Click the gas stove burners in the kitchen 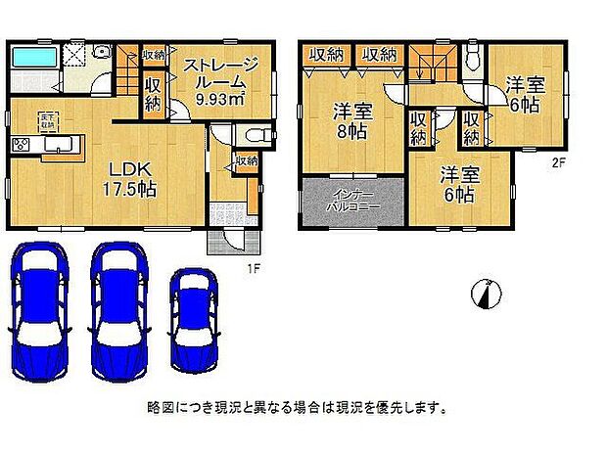point(23,146)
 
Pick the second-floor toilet point(473,58)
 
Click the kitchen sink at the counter point(60,147)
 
